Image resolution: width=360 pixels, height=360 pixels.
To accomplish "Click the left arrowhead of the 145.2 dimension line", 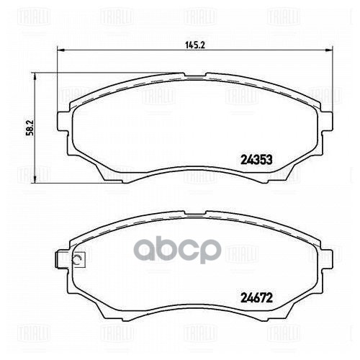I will point(60,50).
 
